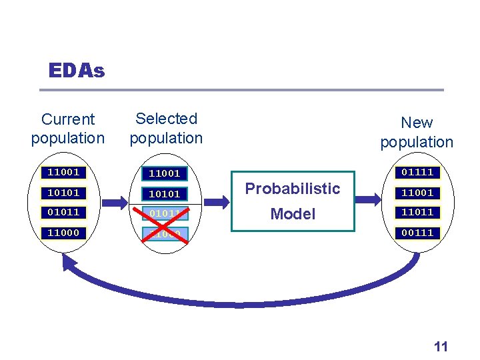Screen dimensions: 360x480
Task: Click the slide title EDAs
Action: pyautogui.click(x=77, y=71)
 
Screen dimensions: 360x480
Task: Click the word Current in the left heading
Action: pyautogui.click(x=68, y=119)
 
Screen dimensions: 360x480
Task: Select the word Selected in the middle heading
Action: pyautogui.click(x=166, y=119)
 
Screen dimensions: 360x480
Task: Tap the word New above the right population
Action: pyautogui.click(x=417, y=123)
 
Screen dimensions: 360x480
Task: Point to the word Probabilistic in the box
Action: pyautogui.click(x=293, y=189)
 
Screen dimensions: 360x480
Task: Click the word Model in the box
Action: pyautogui.click(x=293, y=214)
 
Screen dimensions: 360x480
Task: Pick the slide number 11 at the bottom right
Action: pyautogui.click(x=441, y=346)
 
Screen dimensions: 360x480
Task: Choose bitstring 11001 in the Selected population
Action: pyautogui.click(x=164, y=173)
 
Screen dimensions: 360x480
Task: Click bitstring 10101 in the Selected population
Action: pyautogui.click(x=164, y=194)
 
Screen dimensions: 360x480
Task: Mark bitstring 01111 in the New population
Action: pyautogui.click(x=417, y=172)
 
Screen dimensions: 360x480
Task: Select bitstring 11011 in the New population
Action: pyautogui.click(x=417, y=212)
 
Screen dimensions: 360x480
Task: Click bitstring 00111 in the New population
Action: pyautogui.click(x=417, y=233)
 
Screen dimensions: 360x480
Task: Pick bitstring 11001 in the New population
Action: pyautogui.click(x=417, y=193)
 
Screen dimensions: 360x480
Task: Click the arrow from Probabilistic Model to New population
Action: pyautogui.click(x=371, y=199)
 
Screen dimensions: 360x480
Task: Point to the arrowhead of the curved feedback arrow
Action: pyautogui.click(x=68, y=262)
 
